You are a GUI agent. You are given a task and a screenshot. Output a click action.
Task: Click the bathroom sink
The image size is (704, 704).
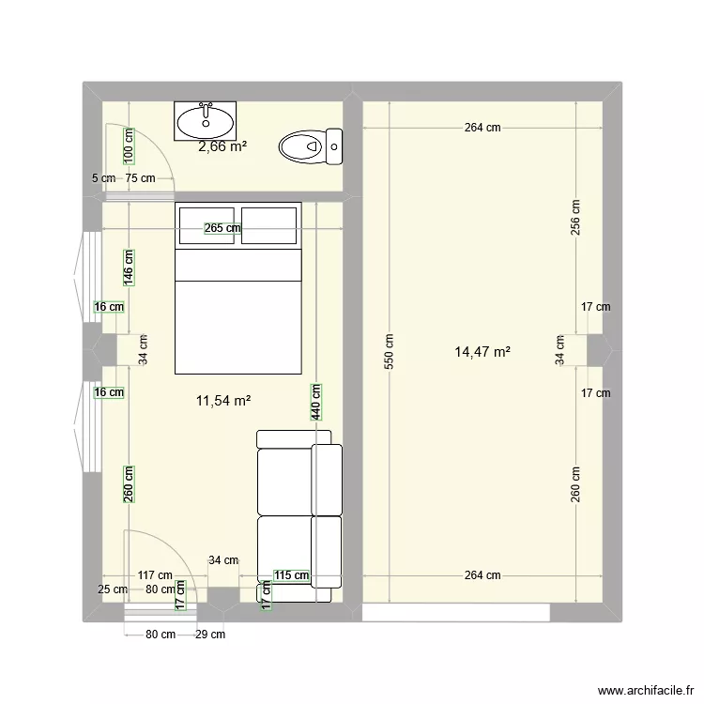[x=207, y=121]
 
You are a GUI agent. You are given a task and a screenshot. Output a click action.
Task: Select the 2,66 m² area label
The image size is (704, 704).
[x=222, y=146]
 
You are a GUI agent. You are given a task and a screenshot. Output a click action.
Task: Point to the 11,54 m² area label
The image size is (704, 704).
[x=222, y=401]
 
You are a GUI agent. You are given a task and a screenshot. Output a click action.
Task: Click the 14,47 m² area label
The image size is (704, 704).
[x=482, y=352]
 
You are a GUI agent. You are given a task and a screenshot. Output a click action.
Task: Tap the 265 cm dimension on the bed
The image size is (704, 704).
[x=222, y=227]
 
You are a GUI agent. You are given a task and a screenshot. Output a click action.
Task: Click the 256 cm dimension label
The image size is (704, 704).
[x=576, y=218]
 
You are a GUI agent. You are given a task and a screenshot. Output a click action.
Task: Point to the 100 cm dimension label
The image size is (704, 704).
[x=128, y=146]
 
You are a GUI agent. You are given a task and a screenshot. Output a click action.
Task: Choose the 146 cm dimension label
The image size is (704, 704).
[x=129, y=267]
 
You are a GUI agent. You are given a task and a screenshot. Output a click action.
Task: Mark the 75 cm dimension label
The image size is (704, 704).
[x=141, y=178]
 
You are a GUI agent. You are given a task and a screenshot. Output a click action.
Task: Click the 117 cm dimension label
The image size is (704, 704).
[x=154, y=575]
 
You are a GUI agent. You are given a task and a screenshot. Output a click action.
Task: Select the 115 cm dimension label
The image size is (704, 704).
[x=291, y=575]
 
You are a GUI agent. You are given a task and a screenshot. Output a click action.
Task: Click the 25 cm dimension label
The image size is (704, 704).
[x=113, y=589]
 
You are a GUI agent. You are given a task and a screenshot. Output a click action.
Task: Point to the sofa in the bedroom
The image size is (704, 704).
[x=299, y=513]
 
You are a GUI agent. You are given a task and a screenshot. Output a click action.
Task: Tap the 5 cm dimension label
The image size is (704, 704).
[x=103, y=178]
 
